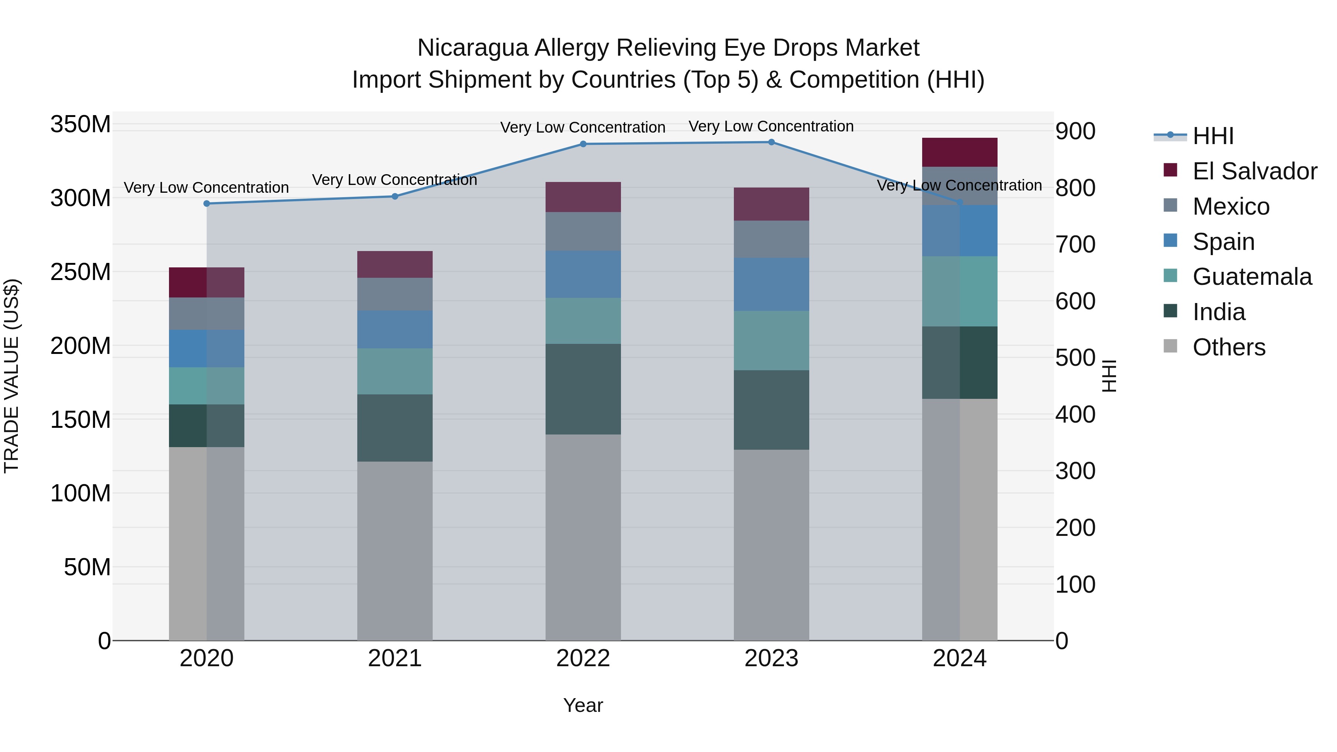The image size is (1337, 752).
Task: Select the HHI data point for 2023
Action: (x=771, y=142)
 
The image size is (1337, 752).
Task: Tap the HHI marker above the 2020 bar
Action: (x=206, y=204)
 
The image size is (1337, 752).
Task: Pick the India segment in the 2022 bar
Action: (x=583, y=389)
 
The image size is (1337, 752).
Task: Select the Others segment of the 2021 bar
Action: (x=394, y=550)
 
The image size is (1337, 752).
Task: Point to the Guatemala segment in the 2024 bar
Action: (x=960, y=291)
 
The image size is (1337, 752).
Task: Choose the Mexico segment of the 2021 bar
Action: (x=394, y=294)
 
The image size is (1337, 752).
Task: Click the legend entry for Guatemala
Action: (x=1251, y=277)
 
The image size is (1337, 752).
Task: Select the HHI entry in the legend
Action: (x=1213, y=136)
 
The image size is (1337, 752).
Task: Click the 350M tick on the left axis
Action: (x=81, y=124)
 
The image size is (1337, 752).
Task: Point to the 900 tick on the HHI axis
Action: (x=1076, y=131)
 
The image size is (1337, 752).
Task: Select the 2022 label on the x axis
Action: (x=583, y=658)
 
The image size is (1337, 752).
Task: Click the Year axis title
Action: (x=583, y=705)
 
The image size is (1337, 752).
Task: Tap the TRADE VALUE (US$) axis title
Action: (x=12, y=376)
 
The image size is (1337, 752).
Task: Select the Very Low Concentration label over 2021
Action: (x=394, y=180)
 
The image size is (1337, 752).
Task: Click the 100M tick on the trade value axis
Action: (x=81, y=493)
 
